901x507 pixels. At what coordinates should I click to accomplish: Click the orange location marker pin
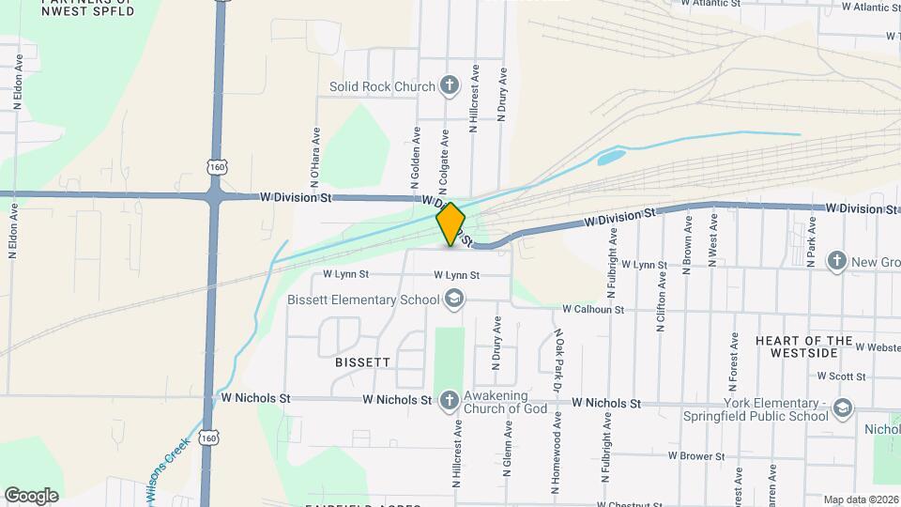450,224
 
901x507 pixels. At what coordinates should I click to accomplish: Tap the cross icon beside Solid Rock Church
450,86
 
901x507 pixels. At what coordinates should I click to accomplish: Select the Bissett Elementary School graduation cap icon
454,300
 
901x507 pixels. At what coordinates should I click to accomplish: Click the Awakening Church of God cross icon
449,401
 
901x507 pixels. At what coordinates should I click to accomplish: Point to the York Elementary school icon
843,407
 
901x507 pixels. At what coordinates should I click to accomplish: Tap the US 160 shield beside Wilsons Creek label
207,438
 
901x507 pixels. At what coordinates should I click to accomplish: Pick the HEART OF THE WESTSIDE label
803,346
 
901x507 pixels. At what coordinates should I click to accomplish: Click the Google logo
32,495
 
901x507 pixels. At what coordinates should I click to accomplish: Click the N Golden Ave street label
414,155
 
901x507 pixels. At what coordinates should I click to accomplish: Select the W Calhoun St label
593,309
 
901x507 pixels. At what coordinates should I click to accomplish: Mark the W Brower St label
699,455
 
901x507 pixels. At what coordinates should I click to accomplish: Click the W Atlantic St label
710,4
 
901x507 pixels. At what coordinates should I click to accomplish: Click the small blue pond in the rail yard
612,157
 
